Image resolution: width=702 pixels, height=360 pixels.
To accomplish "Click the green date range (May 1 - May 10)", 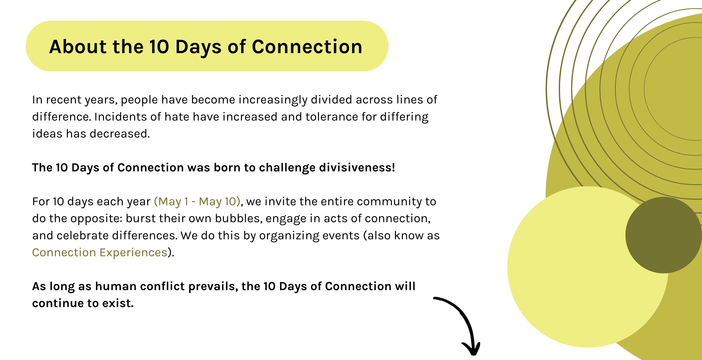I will [197, 202].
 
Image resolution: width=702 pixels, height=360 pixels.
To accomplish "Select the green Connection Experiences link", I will [100, 252].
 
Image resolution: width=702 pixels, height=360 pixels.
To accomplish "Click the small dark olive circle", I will [663, 235].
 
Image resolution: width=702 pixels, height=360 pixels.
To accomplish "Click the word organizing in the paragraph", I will [289, 236].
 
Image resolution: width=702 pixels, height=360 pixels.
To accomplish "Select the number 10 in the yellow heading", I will [159, 47].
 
